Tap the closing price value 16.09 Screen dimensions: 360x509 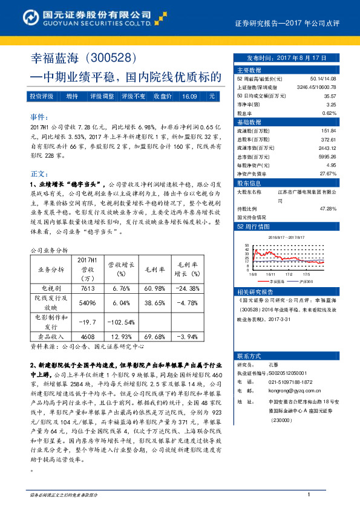[189, 96]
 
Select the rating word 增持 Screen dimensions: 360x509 [72, 96]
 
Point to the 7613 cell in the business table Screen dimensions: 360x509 [87, 289]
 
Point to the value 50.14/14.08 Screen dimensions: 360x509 [322, 79]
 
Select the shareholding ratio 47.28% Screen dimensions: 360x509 [327, 209]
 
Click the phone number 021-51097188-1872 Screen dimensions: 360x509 [291, 382]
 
